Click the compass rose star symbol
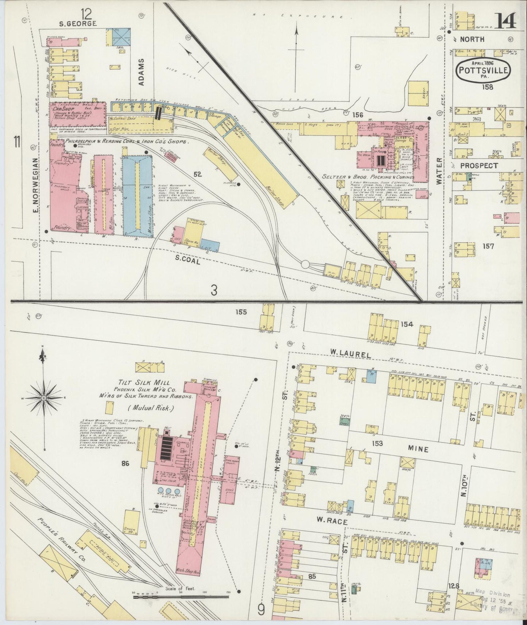coord(44,398)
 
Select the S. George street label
coord(78,24)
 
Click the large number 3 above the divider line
coord(214,290)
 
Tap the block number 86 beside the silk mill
coord(126,464)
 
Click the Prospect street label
coord(478,166)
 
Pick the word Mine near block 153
coord(418,450)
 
